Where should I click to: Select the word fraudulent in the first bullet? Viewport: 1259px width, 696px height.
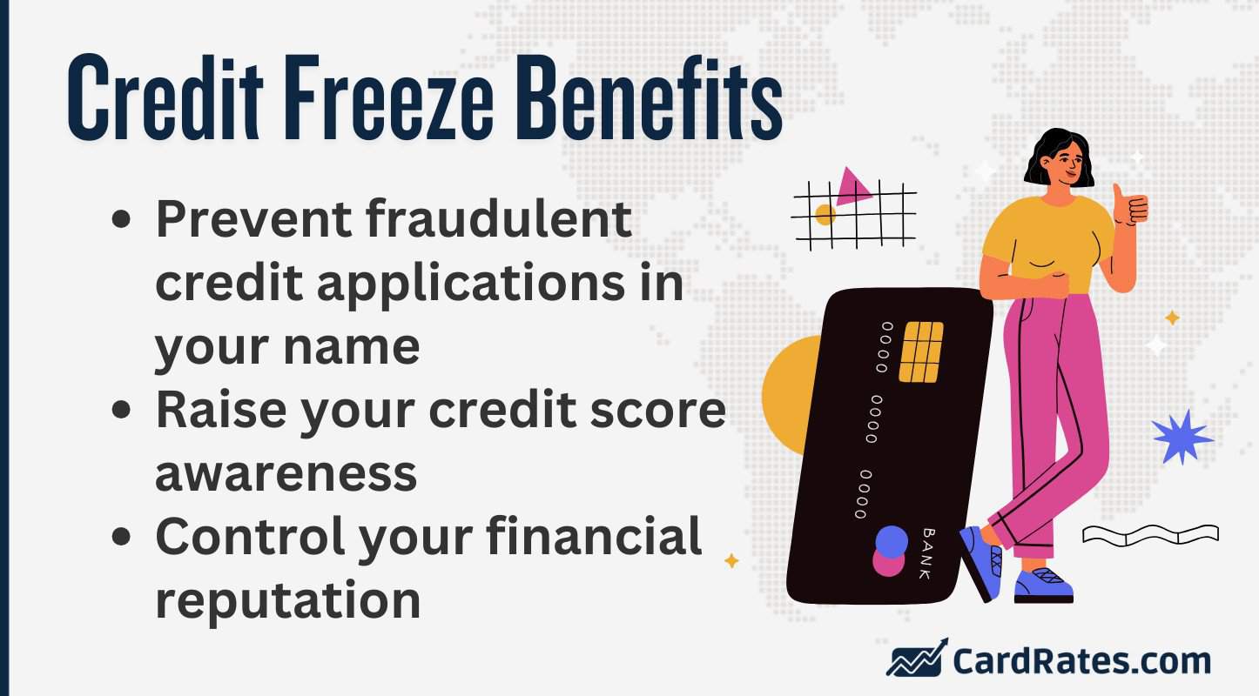(x=496, y=220)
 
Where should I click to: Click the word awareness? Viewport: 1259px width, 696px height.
(x=286, y=472)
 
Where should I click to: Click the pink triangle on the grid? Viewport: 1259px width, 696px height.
(x=852, y=186)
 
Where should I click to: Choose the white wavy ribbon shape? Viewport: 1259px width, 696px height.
(x=1149, y=534)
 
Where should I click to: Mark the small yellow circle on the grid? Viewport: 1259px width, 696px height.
(x=825, y=214)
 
